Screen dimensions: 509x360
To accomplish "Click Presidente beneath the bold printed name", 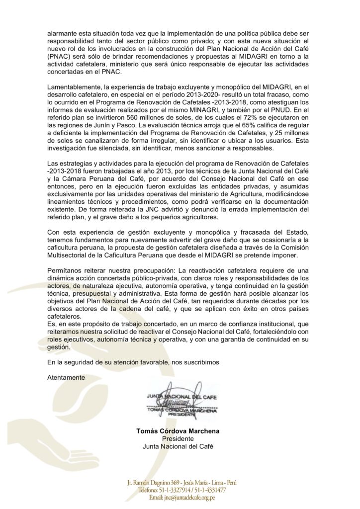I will tap(178, 439).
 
